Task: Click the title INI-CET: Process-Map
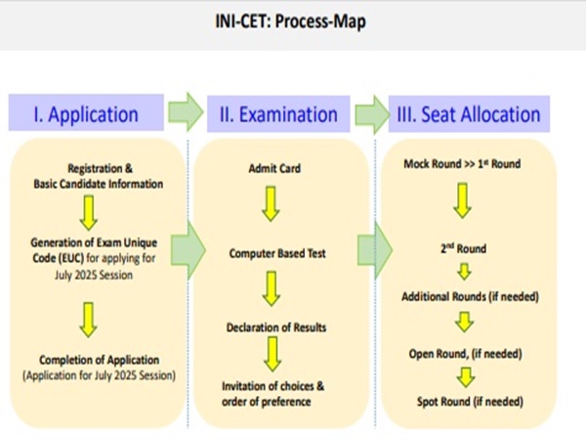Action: click(290, 22)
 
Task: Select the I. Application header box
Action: click(86, 112)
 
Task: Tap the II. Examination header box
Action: click(278, 113)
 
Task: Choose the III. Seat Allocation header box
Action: click(469, 113)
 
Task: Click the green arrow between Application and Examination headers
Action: click(186, 111)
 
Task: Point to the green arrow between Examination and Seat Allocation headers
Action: click(371, 114)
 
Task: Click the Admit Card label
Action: click(274, 168)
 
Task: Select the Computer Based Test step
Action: click(277, 253)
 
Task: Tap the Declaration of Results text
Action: click(276, 328)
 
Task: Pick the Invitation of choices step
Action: click(272, 394)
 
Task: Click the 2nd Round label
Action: click(463, 248)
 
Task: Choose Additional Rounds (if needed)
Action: click(470, 296)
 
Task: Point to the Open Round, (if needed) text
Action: click(465, 354)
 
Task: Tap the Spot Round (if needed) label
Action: click(470, 402)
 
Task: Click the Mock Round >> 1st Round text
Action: click(462, 164)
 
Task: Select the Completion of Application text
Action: click(100, 360)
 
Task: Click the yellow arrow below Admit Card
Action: click(271, 204)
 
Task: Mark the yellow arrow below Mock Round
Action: click(463, 200)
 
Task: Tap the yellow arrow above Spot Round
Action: click(466, 377)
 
